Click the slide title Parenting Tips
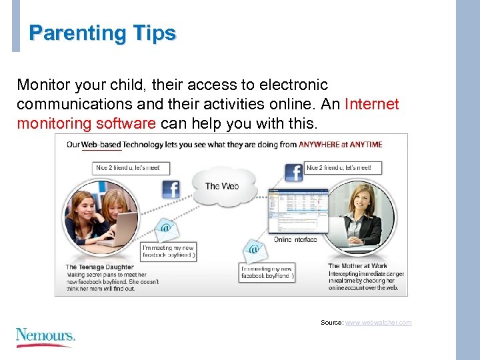pyautogui.click(x=103, y=33)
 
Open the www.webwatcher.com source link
pyautogui.click(x=378, y=323)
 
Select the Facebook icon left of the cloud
pyautogui.click(x=171, y=189)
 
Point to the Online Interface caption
pyautogui.click(x=295, y=239)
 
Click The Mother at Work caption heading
pyautogui.click(x=358, y=265)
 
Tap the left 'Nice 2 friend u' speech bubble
pyautogui.click(x=131, y=168)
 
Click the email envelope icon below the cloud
pyautogui.click(x=253, y=249)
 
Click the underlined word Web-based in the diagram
pyautogui.click(x=101, y=145)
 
